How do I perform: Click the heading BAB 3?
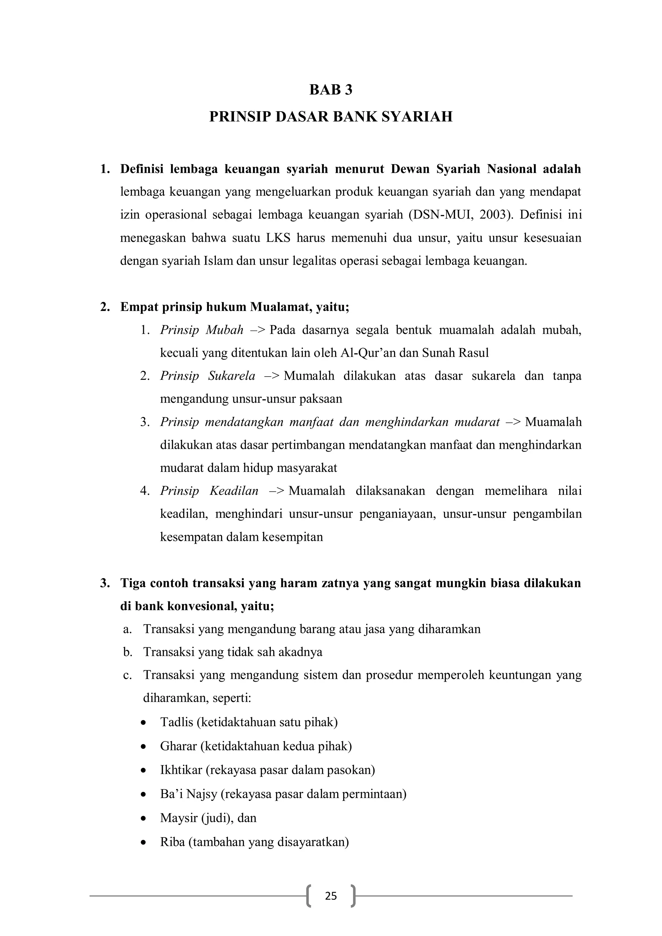(x=331, y=90)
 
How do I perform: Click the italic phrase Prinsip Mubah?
(x=201, y=330)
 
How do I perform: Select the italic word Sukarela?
(x=231, y=376)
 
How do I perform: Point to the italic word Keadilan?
(x=234, y=491)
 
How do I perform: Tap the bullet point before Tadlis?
(x=143, y=723)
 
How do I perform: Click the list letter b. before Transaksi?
(x=128, y=652)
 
